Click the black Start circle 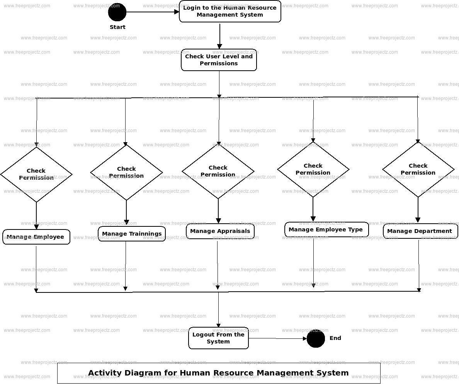pos(117,12)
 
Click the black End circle pos(316,339)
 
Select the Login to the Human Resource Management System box pos(230,12)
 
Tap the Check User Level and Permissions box pos(219,60)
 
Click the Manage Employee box pos(36,237)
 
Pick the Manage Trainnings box pos(132,234)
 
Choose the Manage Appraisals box pos(220,231)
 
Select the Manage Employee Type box pos(326,229)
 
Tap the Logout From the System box pos(218,338)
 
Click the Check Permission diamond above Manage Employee pos(36,175)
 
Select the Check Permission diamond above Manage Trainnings pos(126,172)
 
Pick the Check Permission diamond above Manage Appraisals pos(218,171)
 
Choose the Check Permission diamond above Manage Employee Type pos(313,169)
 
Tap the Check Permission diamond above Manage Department pos(418,169)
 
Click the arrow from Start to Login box pos(153,12)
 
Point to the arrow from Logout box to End pos(278,339)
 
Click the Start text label pos(117,27)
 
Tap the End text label pos(335,338)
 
